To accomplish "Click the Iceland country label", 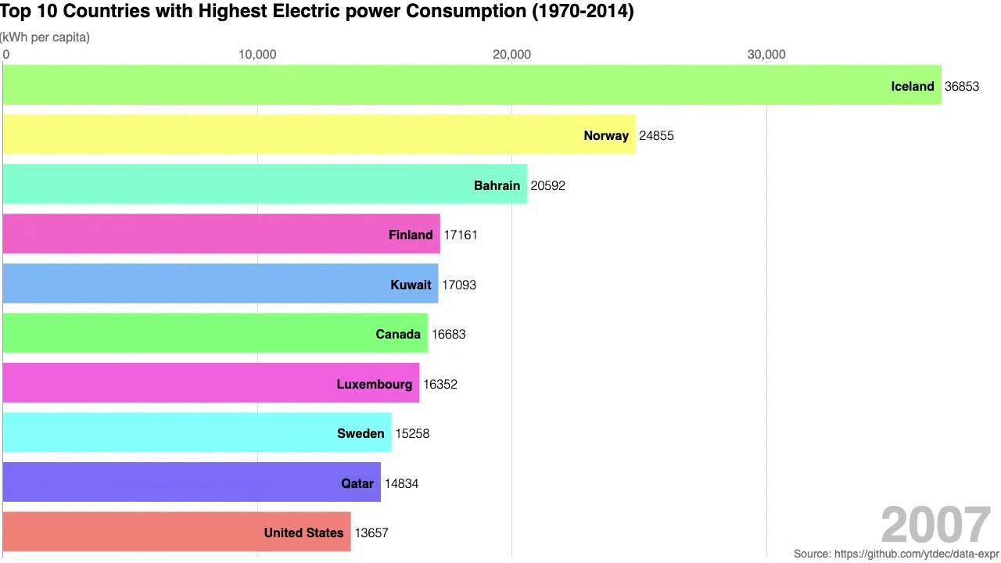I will [x=912, y=86].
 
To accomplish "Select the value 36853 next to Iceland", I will [x=961, y=86].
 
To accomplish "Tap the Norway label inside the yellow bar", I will [x=605, y=135].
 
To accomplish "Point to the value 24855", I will [x=655, y=135].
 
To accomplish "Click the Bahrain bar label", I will [x=497, y=185].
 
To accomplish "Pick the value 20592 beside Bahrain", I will [x=547, y=185].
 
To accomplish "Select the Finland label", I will [x=410, y=235].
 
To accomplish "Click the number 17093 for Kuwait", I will [x=458, y=285].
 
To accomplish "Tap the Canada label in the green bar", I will [x=397, y=334].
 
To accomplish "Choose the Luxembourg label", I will [x=374, y=384].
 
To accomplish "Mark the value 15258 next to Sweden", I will [x=411, y=433].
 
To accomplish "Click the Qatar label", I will [x=357, y=483].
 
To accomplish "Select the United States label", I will [x=303, y=533].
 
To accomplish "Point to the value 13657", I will [x=371, y=533].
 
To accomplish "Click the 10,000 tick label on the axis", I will [x=257, y=54].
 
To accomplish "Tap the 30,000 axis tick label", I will [x=766, y=54].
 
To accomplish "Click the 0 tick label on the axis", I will [x=6, y=54].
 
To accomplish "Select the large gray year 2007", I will [x=935, y=525].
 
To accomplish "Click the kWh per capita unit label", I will [x=45, y=37].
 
